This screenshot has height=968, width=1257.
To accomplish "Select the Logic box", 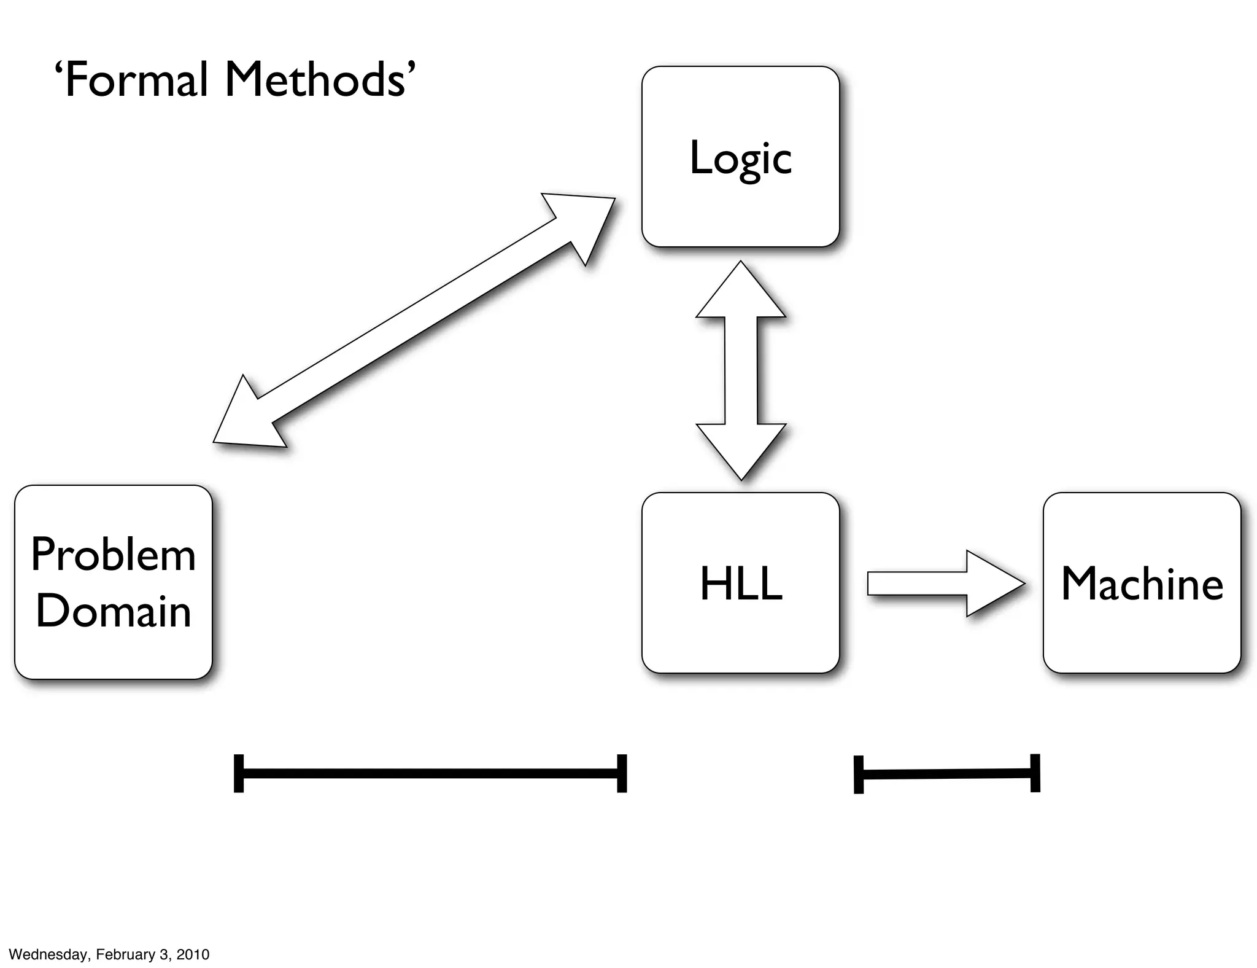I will [x=740, y=157].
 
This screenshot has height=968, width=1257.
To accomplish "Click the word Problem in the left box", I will [x=114, y=555].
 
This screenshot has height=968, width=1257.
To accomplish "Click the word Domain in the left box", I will [x=114, y=611].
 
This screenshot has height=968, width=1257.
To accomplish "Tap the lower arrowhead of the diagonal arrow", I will [x=246, y=418].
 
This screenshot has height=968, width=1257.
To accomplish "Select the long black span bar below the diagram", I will [x=430, y=773].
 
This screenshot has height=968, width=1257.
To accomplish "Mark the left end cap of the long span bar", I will [x=239, y=773].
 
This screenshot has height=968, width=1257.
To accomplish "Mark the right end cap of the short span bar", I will [x=1035, y=773].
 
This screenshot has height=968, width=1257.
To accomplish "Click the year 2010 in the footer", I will [x=193, y=954].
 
